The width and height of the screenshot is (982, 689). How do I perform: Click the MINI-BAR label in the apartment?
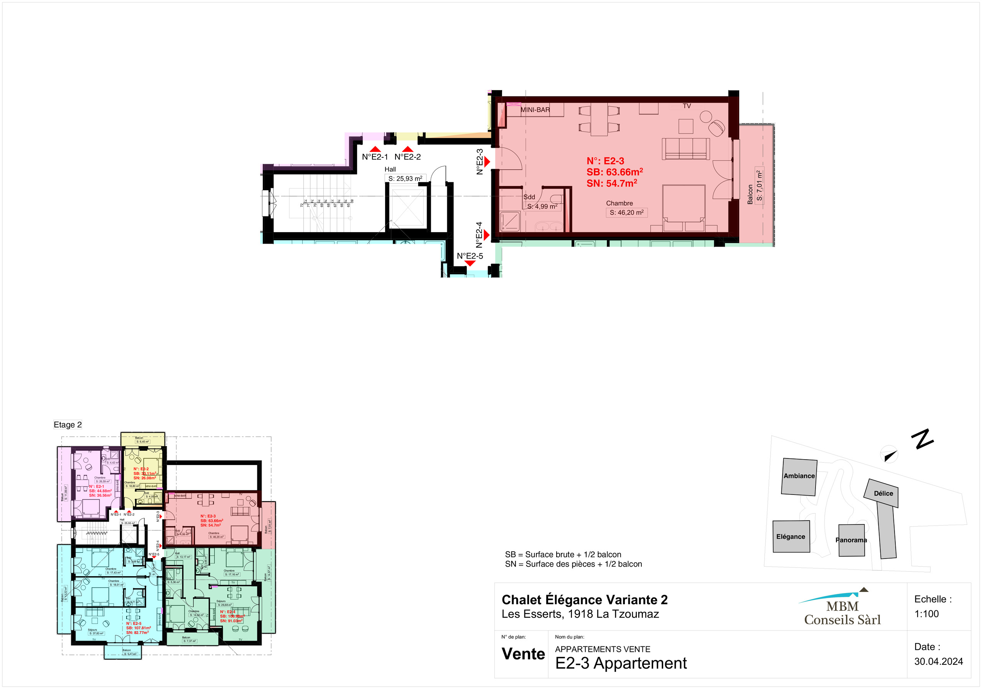[535, 110]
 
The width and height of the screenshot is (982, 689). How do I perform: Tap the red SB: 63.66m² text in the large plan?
[614, 172]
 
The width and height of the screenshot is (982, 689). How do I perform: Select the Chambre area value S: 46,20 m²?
[626, 213]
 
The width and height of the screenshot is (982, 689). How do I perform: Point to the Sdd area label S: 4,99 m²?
[542, 206]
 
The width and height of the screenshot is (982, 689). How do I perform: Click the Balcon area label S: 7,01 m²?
[759, 186]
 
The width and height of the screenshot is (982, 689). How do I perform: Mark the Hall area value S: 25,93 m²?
[405, 179]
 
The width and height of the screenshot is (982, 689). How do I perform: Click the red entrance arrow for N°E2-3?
[487, 162]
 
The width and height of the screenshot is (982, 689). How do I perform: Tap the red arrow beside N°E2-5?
[470, 264]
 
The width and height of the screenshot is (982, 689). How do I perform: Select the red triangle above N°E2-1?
[375, 149]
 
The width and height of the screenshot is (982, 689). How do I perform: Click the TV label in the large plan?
[687, 106]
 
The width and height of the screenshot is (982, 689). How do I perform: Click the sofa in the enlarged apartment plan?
[685, 148]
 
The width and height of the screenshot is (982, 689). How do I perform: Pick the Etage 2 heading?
[68, 425]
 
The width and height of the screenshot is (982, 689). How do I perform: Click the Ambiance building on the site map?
[799, 476]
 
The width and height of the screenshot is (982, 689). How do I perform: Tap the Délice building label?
[883, 494]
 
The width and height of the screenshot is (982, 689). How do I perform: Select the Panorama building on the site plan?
[851, 540]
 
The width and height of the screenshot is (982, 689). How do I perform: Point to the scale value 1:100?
[926, 614]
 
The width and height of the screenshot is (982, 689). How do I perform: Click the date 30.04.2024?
[938, 661]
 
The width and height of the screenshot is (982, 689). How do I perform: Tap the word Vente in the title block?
[523, 654]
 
